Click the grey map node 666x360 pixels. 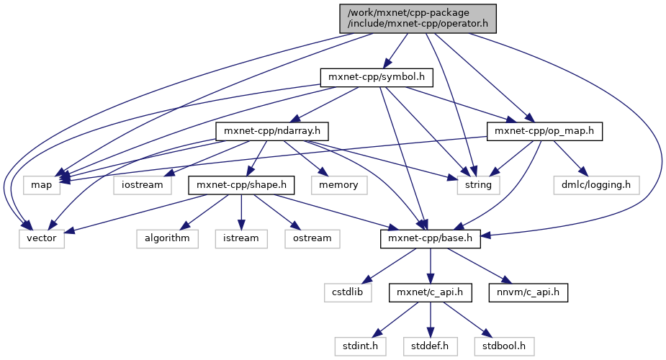pos(41,185)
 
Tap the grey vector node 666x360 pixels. pos(42,239)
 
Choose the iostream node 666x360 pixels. pos(142,185)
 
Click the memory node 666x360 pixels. pos(338,185)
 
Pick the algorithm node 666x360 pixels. pos(167,239)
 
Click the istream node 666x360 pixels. pos(241,239)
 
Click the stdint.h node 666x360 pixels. pos(359,346)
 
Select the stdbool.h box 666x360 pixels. pos(503,346)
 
